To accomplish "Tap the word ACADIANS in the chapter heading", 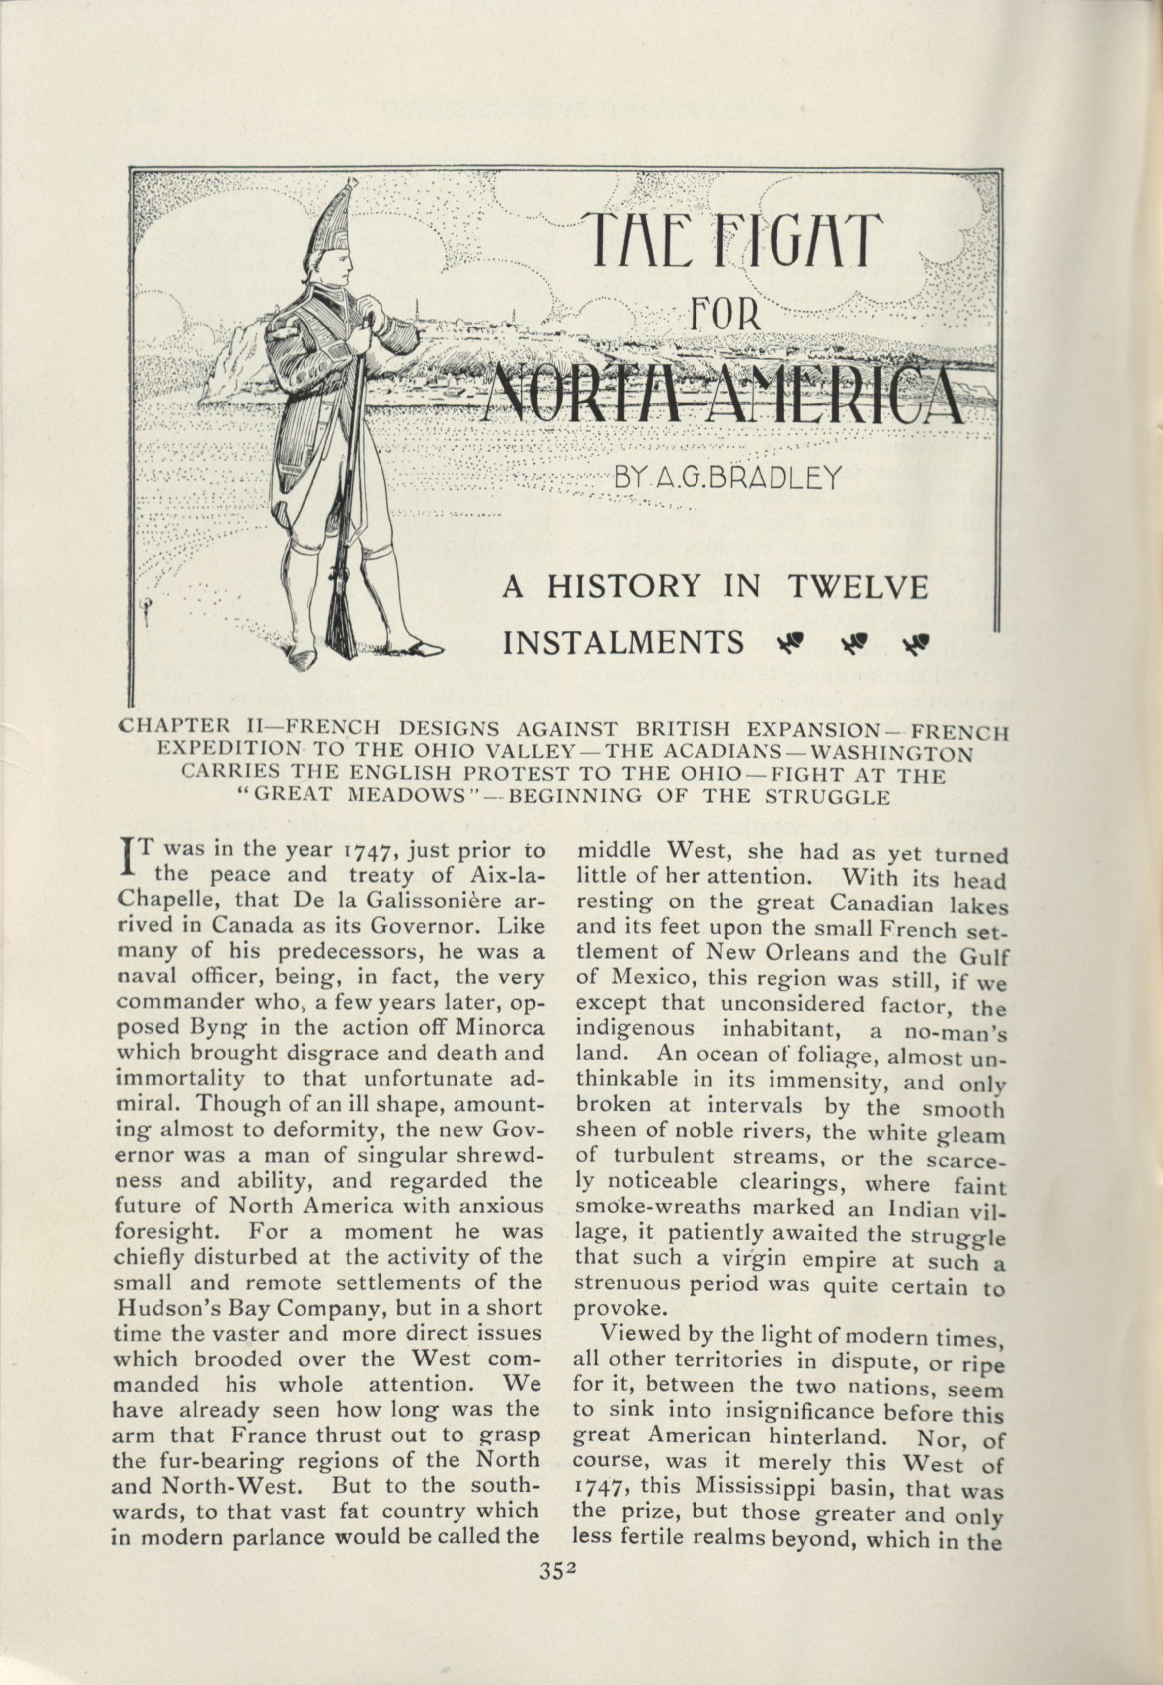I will click(x=729, y=752).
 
